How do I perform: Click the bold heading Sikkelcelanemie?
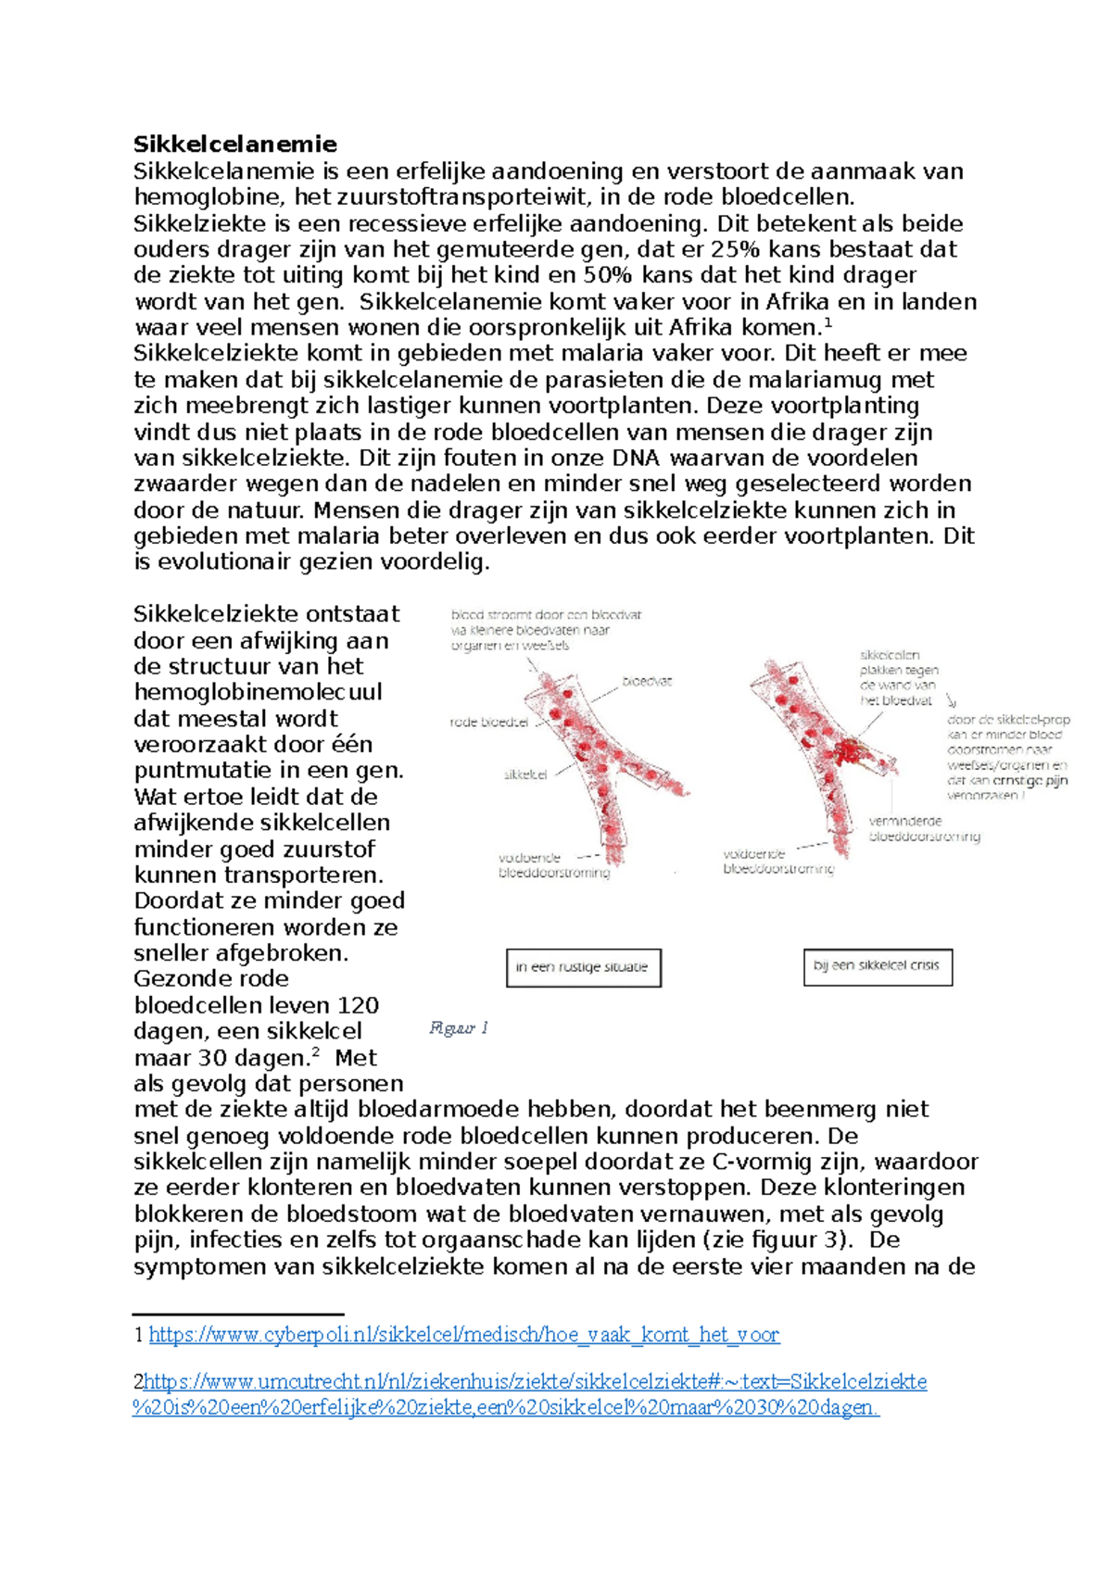point(234,144)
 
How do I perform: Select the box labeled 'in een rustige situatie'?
point(583,967)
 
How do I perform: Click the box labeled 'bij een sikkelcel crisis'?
point(877,965)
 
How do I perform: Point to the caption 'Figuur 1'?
point(459,1027)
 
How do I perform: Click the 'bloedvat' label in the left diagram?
point(646,681)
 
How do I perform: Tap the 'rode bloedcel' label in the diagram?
point(488,723)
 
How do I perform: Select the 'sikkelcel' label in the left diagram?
point(525,774)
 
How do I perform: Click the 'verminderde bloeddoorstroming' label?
point(923,828)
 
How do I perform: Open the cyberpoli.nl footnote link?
point(463,1335)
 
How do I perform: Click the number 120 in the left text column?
point(359,1005)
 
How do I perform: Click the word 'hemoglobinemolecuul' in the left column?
point(258,692)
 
